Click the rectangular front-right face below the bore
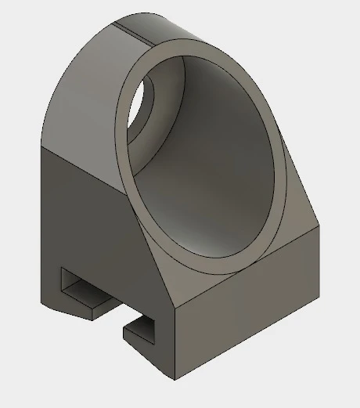(250, 313)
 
